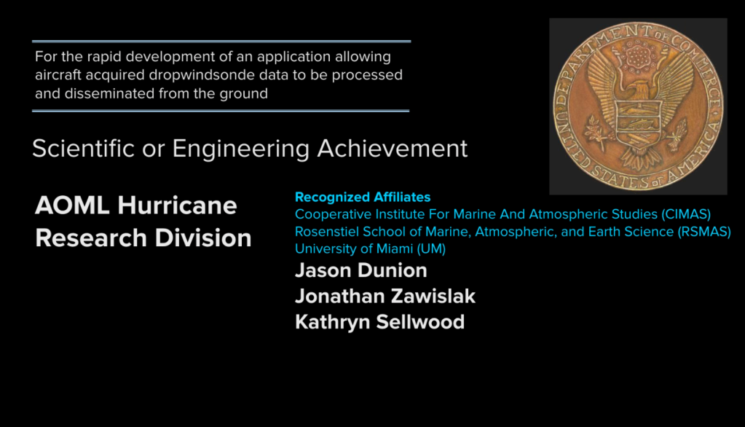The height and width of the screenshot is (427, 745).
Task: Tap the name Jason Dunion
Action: (x=361, y=270)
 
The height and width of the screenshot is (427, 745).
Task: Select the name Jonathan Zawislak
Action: (x=385, y=296)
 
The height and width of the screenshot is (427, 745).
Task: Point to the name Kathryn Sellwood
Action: (x=379, y=322)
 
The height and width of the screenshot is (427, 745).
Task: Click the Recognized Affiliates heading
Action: (x=363, y=197)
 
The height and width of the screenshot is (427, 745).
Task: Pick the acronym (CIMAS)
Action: (x=685, y=214)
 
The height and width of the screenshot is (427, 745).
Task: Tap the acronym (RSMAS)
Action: (x=704, y=232)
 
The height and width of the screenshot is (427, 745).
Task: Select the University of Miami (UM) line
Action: (x=370, y=248)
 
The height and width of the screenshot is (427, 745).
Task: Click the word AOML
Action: (x=72, y=205)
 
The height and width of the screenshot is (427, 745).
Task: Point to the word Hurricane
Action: (x=177, y=205)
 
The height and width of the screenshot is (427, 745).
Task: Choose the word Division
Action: (x=203, y=238)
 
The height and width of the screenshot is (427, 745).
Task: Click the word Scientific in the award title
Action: (x=83, y=149)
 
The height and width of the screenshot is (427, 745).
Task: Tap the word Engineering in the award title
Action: (x=241, y=149)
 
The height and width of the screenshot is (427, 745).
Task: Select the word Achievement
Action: (x=393, y=149)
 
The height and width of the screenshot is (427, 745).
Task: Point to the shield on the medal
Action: (x=638, y=122)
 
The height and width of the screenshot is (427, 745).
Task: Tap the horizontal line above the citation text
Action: (x=221, y=42)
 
